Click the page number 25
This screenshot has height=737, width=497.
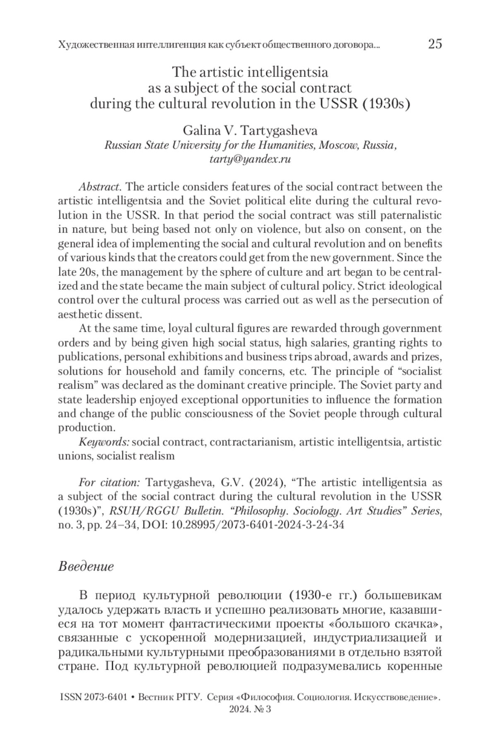click(435, 44)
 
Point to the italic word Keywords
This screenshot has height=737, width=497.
click(104, 442)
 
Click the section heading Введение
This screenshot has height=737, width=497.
click(86, 566)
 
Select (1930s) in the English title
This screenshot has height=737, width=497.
click(386, 103)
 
